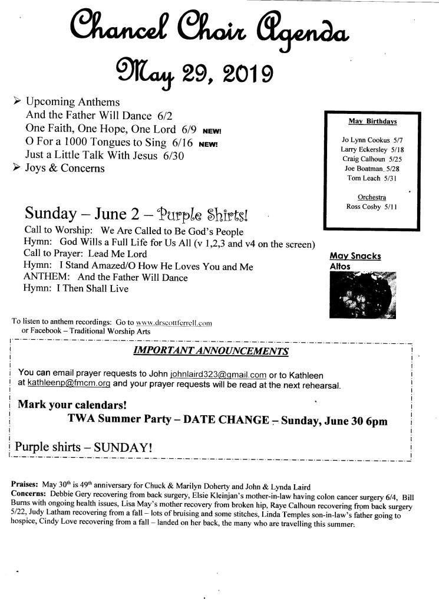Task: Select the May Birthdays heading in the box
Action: coord(372,122)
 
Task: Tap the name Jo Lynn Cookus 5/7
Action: coord(372,140)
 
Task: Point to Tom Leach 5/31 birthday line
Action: coord(372,178)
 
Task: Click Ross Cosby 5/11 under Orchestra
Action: coord(372,206)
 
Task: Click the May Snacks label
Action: coord(355,256)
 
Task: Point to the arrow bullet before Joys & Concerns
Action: coord(17,168)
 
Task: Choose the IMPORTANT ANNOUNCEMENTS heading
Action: coord(211,352)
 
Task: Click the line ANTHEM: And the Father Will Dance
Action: coord(105,278)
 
